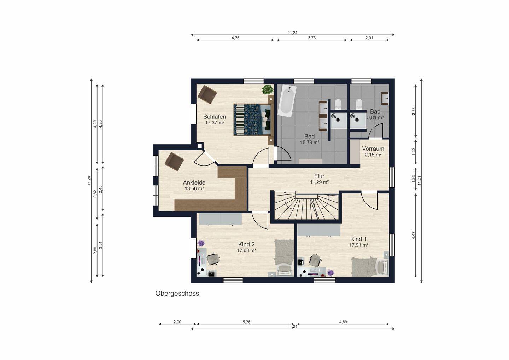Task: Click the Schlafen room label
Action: [x=215, y=117]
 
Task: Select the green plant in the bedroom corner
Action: [x=268, y=89]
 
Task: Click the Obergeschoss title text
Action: [x=177, y=294]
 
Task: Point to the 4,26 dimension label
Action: [x=235, y=38]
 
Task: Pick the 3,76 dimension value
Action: [x=312, y=38]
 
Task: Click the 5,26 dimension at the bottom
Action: [x=247, y=322]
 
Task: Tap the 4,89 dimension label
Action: [x=343, y=322]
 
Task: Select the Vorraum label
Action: [x=373, y=149]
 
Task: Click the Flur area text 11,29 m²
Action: [x=320, y=182]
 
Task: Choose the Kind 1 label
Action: [x=358, y=239]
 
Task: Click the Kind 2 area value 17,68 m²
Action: [x=247, y=250]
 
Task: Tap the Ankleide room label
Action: [x=194, y=182]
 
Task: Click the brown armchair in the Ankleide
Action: [x=174, y=162]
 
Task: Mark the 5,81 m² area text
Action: [x=375, y=117]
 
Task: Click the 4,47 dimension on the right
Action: [x=413, y=235]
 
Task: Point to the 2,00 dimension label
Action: [x=177, y=322]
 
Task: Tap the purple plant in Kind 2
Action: [x=201, y=243]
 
